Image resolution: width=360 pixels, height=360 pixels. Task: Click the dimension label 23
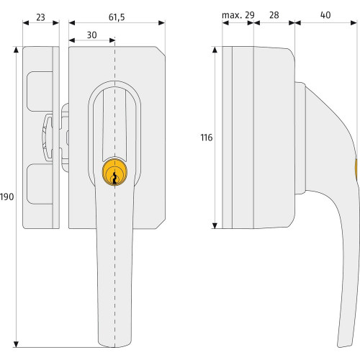tap(40, 17)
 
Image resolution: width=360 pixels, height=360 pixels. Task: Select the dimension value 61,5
tap(117, 17)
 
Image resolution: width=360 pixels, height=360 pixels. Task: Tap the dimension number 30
tap(91, 35)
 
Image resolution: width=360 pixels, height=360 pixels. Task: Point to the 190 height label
tap(7, 197)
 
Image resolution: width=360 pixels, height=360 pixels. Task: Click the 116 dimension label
tap(207, 138)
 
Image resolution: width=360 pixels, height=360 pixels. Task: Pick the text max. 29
tap(238, 15)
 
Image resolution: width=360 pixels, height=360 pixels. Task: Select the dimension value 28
tap(274, 15)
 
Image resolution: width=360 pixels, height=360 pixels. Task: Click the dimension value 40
tap(325, 15)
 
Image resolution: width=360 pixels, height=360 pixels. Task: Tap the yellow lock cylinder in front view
tap(114, 172)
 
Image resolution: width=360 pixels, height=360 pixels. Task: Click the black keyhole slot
tap(114, 178)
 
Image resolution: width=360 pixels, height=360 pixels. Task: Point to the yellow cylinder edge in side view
tap(356, 169)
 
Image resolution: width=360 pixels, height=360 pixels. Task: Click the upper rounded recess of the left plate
tap(40, 91)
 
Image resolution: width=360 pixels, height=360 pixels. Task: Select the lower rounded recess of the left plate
tap(40, 184)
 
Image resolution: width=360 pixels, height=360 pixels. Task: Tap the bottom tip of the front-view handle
tap(114, 347)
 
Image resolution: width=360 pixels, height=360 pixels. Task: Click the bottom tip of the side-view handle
tap(345, 346)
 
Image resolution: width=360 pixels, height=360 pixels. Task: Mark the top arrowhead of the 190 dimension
tap(16, 49)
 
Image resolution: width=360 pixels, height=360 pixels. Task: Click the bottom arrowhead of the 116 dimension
tap(215, 225)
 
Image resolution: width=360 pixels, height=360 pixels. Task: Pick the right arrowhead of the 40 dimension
tap(354, 23)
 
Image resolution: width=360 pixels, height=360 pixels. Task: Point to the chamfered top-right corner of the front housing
tap(161, 51)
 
